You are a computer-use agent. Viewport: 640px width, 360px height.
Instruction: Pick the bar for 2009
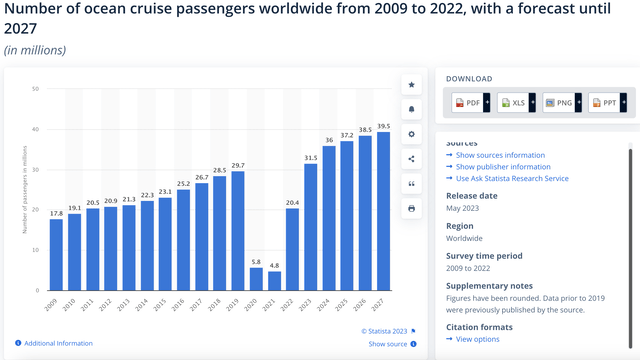pyautogui.click(x=56, y=264)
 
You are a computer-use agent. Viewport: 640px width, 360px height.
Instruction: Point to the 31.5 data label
pyautogui.click(x=311, y=156)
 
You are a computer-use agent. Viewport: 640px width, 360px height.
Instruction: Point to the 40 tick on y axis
pyautogui.click(x=36, y=129)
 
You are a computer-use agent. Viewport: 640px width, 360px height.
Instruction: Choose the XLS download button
pyautogui.click(x=516, y=103)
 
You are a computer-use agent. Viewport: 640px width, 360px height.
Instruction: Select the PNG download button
pyautogui.click(x=561, y=103)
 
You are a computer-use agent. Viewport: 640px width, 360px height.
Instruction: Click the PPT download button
pyautogui.click(x=606, y=103)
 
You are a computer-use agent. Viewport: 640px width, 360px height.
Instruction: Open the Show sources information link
pyautogui.click(x=500, y=155)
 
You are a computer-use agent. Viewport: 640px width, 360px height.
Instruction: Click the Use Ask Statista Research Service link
pyautogui.click(x=511, y=178)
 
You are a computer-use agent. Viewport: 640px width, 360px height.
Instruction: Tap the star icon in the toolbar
pyautogui.click(x=411, y=86)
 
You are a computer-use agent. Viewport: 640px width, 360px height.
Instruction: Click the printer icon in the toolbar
pyautogui.click(x=411, y=208)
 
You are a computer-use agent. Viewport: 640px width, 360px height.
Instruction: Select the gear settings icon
pyautogui.click(x=411, y=134)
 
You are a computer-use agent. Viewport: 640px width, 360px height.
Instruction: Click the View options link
pyautogui.click(x=477, y=339)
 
